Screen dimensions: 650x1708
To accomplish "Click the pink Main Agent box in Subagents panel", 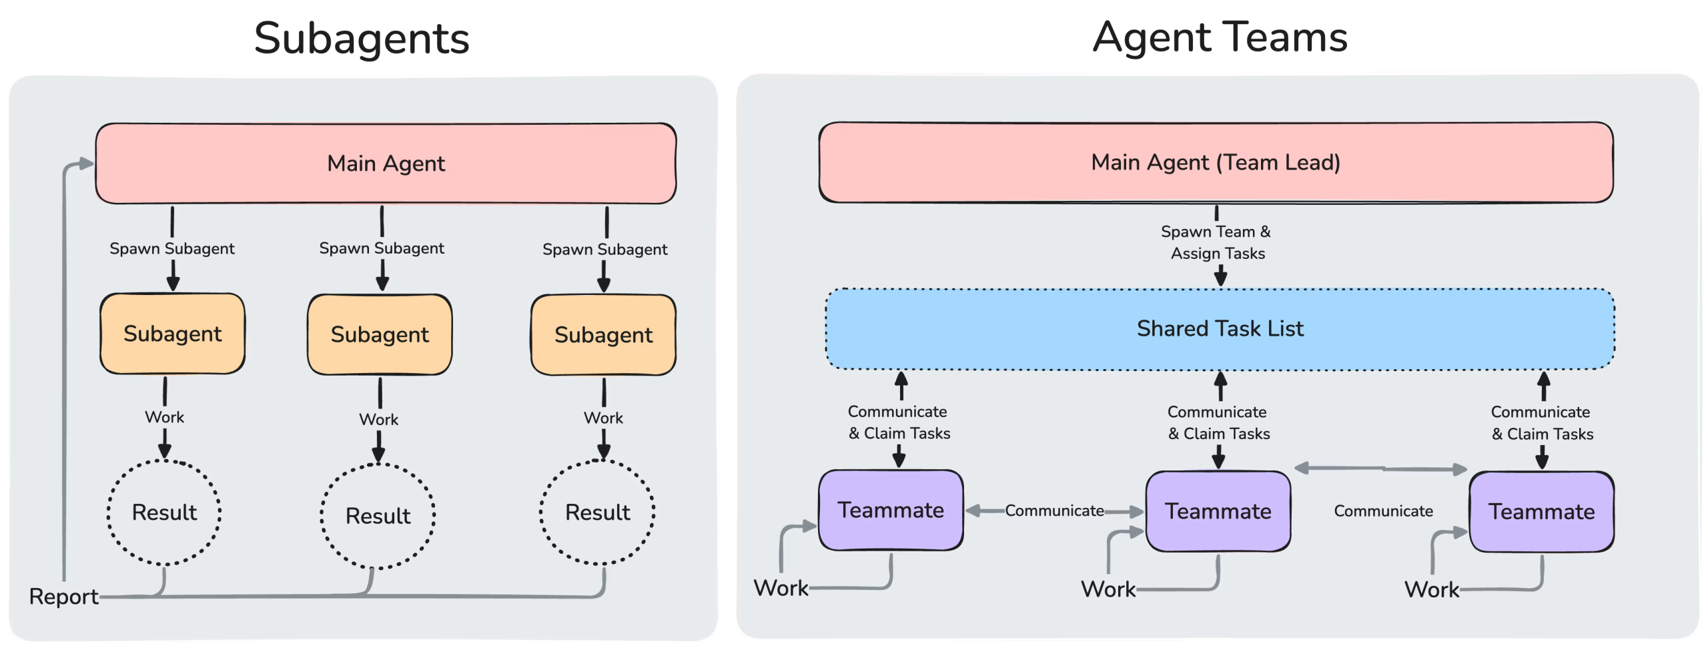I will pos(386,164).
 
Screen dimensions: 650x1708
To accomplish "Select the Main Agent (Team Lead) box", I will pos(1216,162).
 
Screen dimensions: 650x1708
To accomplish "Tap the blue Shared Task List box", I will pos(1220,328).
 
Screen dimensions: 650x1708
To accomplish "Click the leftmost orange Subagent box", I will pos(172,334).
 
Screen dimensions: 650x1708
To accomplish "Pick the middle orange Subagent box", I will pos(380,334).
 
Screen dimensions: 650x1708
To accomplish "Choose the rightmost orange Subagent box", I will pos(603,335).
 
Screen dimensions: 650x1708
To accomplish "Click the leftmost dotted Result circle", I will pos(164,513).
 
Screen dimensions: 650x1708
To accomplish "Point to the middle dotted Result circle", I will pos(378,516).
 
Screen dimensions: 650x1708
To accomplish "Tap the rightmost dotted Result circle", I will pos(597,513).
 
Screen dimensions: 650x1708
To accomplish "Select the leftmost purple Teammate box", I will pos(891,511).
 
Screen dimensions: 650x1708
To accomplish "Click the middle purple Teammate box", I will pos(1218,512).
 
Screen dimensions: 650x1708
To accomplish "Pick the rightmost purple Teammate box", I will pos(1541,513).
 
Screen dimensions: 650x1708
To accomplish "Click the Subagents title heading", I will pos(362,39).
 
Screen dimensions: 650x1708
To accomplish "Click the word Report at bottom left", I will pos(64,597).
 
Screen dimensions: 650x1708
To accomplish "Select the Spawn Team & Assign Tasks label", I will pos(1216,242).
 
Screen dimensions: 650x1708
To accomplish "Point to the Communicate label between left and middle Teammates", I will pos(1054,511).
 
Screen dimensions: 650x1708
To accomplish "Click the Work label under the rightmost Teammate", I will pos(1432,590).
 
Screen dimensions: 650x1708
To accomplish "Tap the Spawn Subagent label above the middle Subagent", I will pos(381,248).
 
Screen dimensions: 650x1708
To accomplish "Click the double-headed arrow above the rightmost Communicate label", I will pos(1381,469).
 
